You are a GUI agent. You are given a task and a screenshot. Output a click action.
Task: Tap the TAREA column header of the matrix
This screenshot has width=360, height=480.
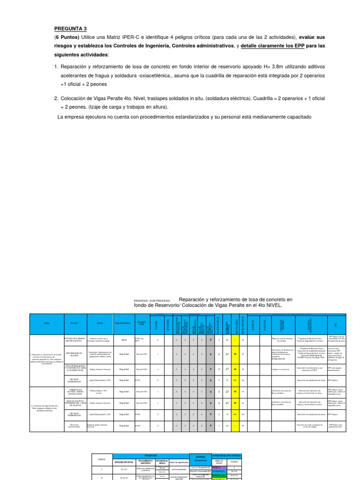pyautogui.click(x=45, y=323)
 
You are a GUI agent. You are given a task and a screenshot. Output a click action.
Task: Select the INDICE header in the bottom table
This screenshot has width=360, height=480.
pyautogui.click(x=102, y=459)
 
